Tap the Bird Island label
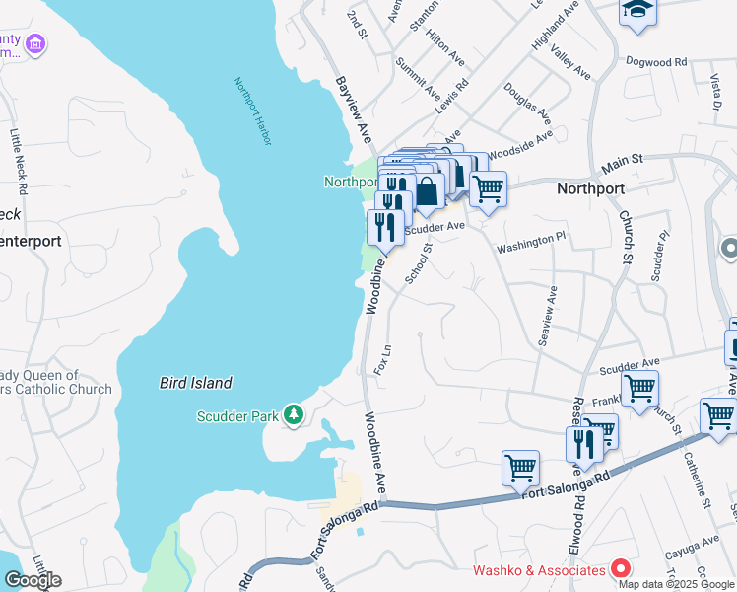coord(196,383)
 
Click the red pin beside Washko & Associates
coord(621,569)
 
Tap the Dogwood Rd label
coord(655,61)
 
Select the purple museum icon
coord(35,43)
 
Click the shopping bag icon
coord(428,191)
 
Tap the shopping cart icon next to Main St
coord(488,187)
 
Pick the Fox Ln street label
coord(384,358)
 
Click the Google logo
coord(33,580)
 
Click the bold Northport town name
coord(591,187)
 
